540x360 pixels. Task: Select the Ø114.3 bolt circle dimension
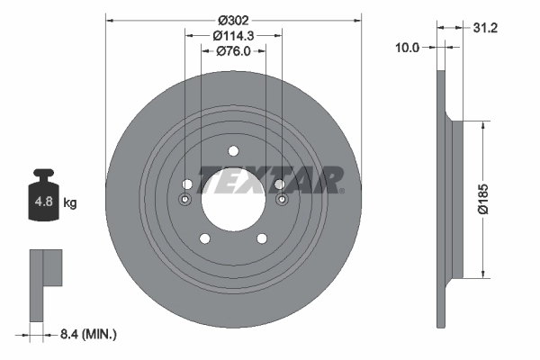(233, 36)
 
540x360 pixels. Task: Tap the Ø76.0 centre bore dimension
(233, 52)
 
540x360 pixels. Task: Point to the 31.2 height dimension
(486, 28)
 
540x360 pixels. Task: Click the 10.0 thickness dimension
(408, 49)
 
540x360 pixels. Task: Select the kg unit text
(70, 203)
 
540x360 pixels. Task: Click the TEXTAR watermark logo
(270, 179)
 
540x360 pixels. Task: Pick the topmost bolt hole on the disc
(233, 150)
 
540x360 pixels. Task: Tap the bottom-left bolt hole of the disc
(204, 238)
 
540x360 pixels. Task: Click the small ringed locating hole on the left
(186, 198)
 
